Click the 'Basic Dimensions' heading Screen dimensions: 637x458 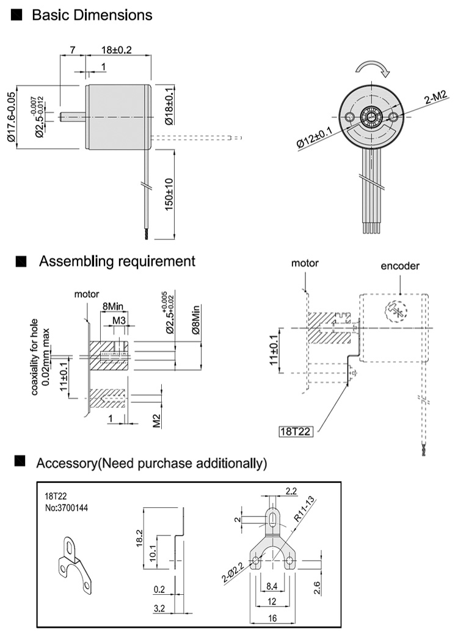(92, 15)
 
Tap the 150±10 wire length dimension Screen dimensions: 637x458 (169, 195)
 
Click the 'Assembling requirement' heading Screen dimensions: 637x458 (117, 262)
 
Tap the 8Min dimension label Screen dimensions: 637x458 (112, 306)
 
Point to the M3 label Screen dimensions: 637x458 (119, 319)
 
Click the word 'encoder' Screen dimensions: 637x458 (400, 267)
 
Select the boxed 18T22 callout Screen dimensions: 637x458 (296, 430)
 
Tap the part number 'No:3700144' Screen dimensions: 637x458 (67, 509)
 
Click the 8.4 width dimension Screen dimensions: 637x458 (271, 587)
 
